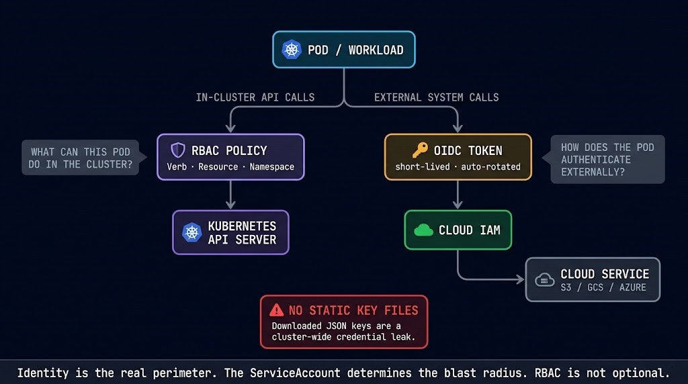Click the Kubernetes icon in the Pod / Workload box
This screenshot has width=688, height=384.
pyautogui.click(x=292, y=50)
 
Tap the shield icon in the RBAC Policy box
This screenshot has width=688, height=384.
pyautogui.click(x=177, y=150)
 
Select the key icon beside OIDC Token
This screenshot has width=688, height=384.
pyautogui.click(x=420, y=150)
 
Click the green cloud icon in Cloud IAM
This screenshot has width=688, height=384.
pyautogui.click(x=423, y=230)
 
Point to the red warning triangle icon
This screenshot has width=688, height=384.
pyautogui.click(x=276, y=310)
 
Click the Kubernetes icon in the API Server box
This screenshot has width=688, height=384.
pyautogui.click(x=192, y=232)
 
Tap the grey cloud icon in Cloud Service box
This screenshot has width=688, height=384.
pyautogui.click(x=544, y=280)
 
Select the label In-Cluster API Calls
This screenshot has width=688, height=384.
pyautogui.click(x=255, y=97)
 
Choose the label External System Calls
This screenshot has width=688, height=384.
pyautogui.click(x=436, y=97)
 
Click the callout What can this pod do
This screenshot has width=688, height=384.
pyautogui.click(x=79, y=158)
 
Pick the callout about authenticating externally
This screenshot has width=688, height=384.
pyautogui.click(x=607, y=159)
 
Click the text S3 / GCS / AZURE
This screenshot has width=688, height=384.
pyautogui.click(x=603, y=287)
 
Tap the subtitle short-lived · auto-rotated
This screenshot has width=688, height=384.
pyautogui.click(x=458, y=166)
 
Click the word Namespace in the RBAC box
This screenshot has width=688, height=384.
pyautogui.click(x=271, y=166)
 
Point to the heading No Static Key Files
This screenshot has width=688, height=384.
pyautogui.click(x=353, y=310)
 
